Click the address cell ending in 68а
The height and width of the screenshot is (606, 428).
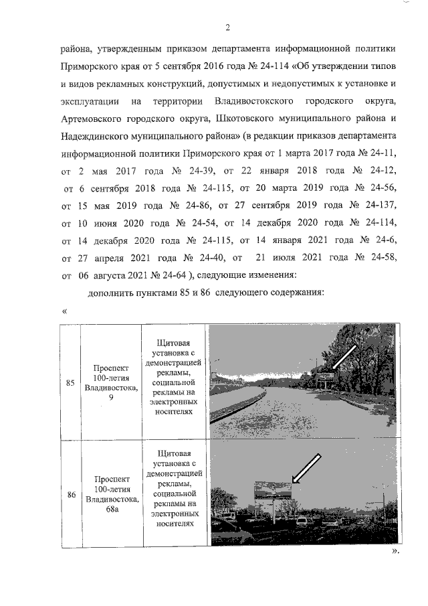click(x=111, y=496)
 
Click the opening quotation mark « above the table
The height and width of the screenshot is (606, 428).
click(x=65, y=311)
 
